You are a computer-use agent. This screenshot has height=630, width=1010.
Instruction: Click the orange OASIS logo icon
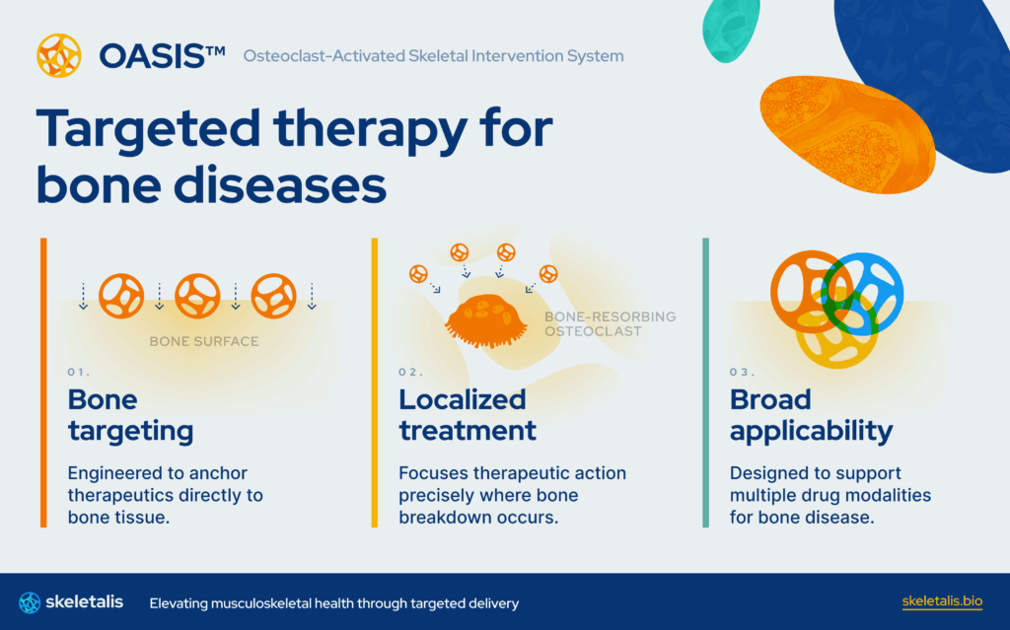click(58, 56)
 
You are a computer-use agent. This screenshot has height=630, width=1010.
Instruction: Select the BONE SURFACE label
click(204, 342)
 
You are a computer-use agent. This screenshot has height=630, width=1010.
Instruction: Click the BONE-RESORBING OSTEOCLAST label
click(610, 324)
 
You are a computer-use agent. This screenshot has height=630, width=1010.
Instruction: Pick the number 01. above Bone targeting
click(79, 373)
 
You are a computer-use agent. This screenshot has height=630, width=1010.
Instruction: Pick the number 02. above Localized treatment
click(410, 373)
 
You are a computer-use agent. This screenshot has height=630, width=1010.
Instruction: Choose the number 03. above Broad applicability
click(742, 373)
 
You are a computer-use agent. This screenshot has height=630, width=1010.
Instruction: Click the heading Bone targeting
click(130, 415)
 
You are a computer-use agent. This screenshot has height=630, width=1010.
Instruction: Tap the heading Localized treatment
click(467, 415)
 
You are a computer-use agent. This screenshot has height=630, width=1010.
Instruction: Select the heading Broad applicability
click(811, 415)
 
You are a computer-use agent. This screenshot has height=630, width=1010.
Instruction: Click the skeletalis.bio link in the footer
click(942, 601)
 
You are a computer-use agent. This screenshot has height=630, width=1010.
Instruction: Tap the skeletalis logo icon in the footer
click(30, 601)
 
